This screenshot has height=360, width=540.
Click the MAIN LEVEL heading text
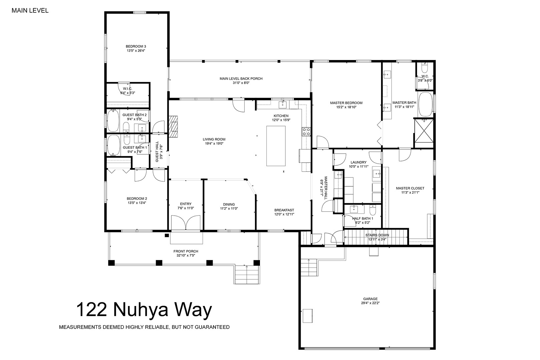30,11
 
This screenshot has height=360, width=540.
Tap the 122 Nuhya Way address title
144,310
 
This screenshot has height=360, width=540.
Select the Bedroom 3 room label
136,46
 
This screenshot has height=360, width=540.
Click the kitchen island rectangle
276,146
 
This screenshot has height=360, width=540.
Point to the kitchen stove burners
306,132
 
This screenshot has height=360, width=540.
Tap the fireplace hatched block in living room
173,126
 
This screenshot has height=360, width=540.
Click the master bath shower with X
424,133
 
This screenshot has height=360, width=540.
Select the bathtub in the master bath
425,104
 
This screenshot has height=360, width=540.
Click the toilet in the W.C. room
425,68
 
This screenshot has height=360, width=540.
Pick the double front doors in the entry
186,223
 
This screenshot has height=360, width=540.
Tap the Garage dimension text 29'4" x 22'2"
370,303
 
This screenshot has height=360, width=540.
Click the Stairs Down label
377,235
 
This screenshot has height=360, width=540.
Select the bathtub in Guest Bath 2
113,121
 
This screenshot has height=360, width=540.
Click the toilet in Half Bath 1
373,210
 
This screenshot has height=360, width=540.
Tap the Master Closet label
410,188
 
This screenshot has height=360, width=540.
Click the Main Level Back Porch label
241,79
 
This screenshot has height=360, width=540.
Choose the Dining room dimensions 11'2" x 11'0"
229,209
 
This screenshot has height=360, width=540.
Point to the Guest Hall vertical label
157,152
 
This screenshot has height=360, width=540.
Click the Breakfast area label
284,210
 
